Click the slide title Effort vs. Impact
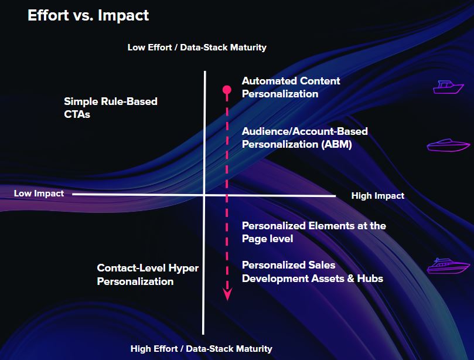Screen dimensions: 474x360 point(88,15)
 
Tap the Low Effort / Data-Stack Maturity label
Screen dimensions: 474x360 point(197,47)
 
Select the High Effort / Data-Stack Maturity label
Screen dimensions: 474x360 point(202,348)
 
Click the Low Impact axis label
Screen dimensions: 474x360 point(39,193)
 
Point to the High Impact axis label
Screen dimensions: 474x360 point(377,196)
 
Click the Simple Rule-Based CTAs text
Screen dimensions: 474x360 point(111,108)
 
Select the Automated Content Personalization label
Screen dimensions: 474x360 point(291,87)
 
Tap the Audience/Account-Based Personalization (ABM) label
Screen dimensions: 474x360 point(305,138)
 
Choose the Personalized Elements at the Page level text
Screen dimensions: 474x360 point(314,232)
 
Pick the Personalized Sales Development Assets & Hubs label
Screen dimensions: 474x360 point(312,271)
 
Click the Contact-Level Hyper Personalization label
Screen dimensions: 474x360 point(148,274)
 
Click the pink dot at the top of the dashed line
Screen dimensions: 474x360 point(227,90)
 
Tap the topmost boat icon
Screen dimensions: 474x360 point(448,87)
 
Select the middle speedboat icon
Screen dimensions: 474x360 point(448,145)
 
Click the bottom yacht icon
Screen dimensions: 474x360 point(448,266)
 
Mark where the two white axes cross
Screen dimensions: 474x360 point(204,195)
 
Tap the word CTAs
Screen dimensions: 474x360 point(77,114)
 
